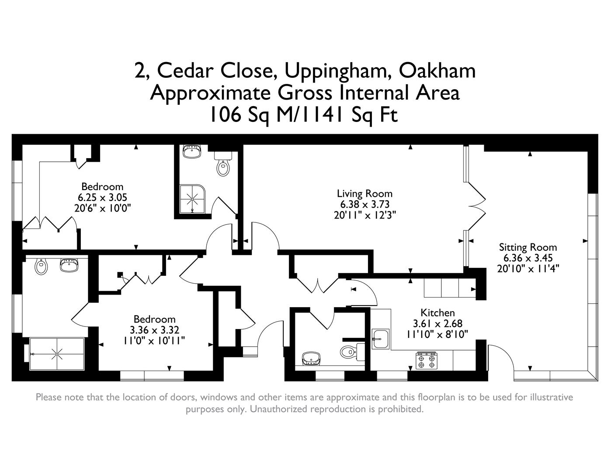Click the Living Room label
pyautogui.click(x=365, y=193)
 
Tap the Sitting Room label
pyautogui.click(x=528, y=247)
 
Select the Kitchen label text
pyautogui.click(x=437, y=312)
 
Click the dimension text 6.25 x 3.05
pyautogui.click(x=102, y=198)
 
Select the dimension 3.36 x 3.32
pyautogui.click(x=154, y=330)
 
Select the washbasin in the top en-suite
pyautogui.click(x=191, y=152)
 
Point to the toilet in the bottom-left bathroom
pyautogui.click(x=41, y=265)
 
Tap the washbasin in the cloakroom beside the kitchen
pyautogui.click(x=311, y=358)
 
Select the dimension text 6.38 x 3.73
pyautogui.click(x=365, y=204)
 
